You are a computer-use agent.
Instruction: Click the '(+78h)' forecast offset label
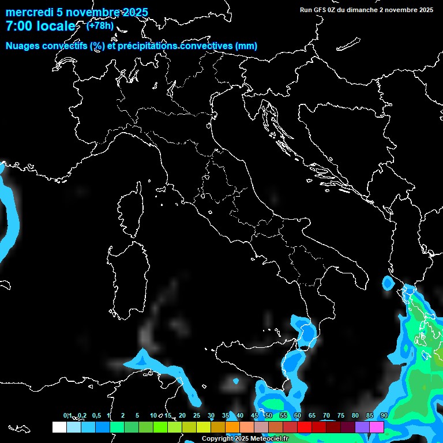[x=100, y=25]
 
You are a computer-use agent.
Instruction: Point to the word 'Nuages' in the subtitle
[x=22, y=46]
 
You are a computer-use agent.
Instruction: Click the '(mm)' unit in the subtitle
[x=246, y=46]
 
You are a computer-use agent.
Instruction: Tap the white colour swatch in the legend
[x=59, y=427]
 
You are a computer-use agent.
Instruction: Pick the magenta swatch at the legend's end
[x=377, y=427]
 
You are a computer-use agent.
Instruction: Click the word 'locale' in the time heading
[x=54, y=27]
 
